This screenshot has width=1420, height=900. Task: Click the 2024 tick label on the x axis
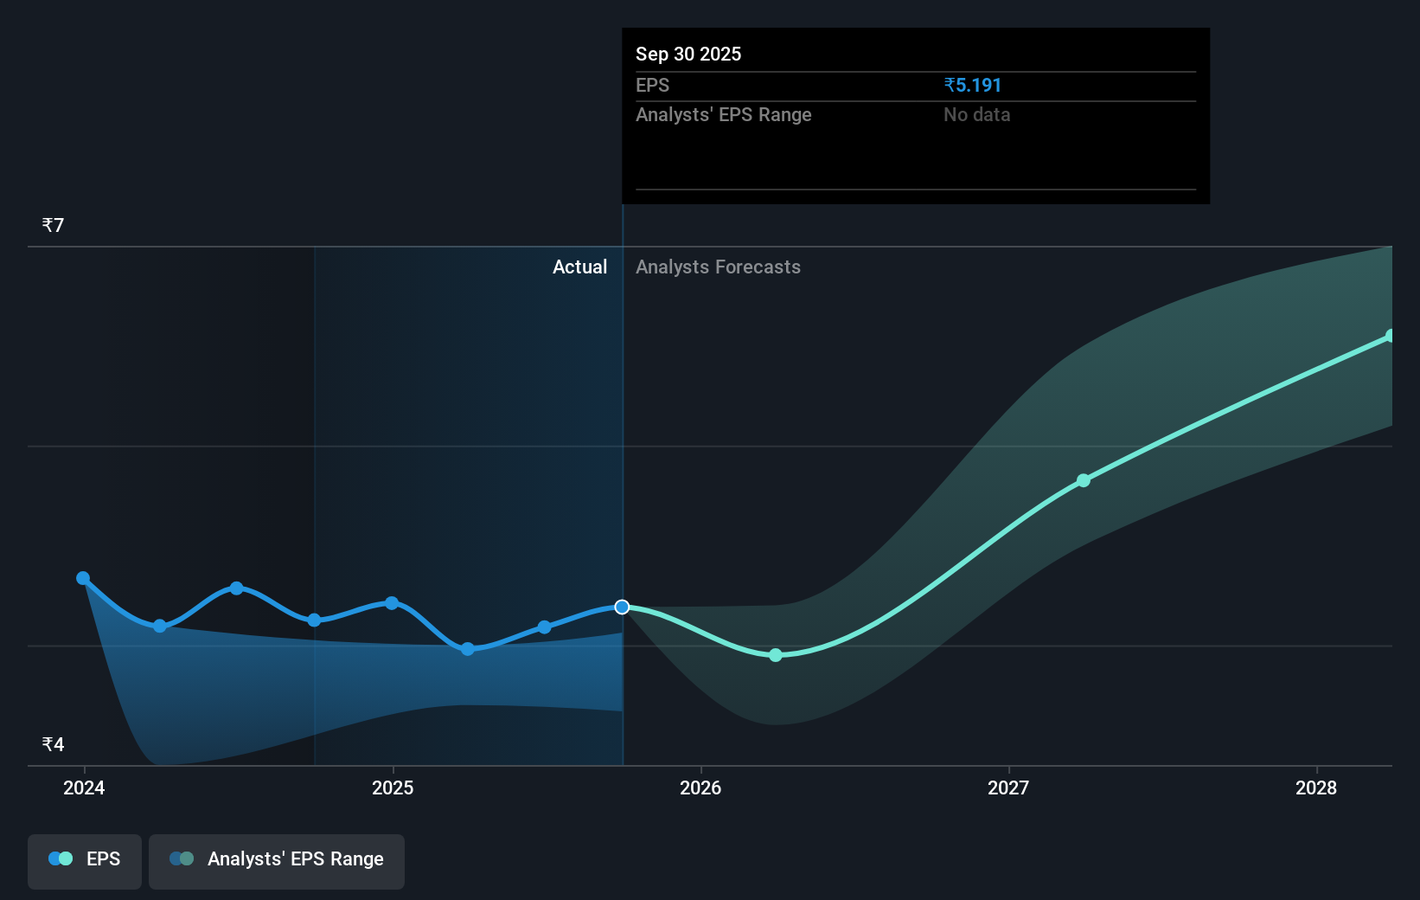(x=84, y=787)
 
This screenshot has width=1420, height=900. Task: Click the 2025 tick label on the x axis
(x=393, y=787)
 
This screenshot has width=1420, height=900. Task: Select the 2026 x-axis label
(x=700, y=787)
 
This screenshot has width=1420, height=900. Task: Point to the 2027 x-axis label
(x=1008, y=787)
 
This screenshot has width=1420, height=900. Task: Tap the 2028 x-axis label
(x=1315, y=787)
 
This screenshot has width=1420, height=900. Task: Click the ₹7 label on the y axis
(x=53, y=226)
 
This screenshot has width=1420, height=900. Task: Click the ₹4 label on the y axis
(x=53, y=744)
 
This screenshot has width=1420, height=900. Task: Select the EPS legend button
(x=85, y=859)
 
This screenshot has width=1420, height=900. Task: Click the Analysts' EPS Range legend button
(x=277, y=859)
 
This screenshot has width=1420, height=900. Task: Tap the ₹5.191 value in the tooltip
(x=972, y=86)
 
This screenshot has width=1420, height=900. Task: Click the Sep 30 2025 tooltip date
(x=688, y=54)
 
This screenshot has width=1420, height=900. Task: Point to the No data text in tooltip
(x=976, y=115)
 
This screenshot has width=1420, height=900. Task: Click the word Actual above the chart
(x=579, y=267)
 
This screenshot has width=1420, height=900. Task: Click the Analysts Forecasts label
(x=718, y=267)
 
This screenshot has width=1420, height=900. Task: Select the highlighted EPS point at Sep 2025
(x=622, y=607)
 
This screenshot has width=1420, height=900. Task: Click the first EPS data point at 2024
(x=83, y=578)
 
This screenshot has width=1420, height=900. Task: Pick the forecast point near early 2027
(x=1084, y=480)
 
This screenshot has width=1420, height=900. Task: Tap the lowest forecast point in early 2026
(x=776, y=655)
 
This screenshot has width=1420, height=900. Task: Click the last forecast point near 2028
(x=1390, y=336)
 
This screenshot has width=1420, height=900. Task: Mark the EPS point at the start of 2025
(x=392, y=603)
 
